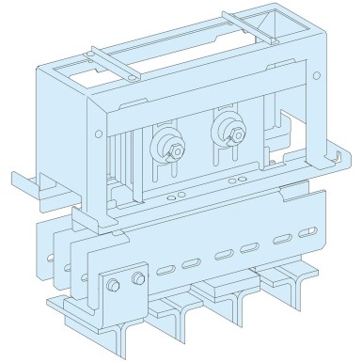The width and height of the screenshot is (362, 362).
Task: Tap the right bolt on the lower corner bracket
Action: coord(138,278)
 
